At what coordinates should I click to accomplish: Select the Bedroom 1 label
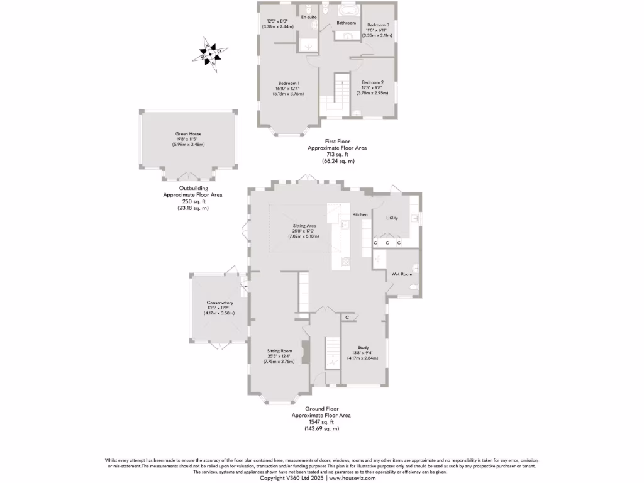pyautogui.click(x=289, y=83)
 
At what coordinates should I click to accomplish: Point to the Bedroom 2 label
pyautogui.click(x=372, y=82)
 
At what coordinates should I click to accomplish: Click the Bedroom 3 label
pyautogui.click(x=379, y=25)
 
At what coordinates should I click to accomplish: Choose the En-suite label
pyautogui.click(x=308, y=17)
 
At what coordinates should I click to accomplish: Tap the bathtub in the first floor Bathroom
pyautogui.click(x=347, y=11)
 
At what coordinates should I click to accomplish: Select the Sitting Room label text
pyautogui.click(x=280, y=350)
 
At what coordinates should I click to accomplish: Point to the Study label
pyautogui.click(x=363, y=347)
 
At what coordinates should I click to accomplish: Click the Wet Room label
pyautogui.click(x=402, y=274)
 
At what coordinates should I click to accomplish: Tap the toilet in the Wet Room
pyautogui.click(x=413, y=287)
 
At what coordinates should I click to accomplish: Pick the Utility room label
pyautogui.click(x=392, y=218)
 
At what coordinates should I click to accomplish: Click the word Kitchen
pyautogui.click(x=360, y=215)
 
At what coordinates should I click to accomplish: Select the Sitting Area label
pyautogui.click(x=304, y=225)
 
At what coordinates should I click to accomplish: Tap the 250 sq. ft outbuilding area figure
pyautogui.click(x=192, y=201)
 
